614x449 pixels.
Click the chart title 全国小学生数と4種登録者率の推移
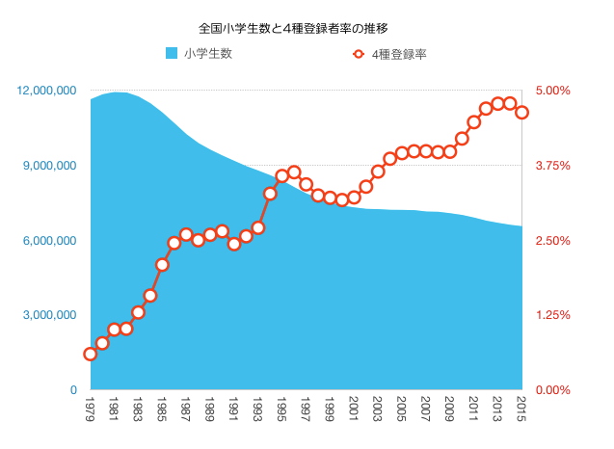[x=307, y=29]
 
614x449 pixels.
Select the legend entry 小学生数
[x=207, y=54]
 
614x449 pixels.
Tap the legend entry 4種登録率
[x=398, y=55]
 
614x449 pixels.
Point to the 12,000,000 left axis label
[x=47, y=91]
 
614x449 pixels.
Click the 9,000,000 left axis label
[x=50, y=166]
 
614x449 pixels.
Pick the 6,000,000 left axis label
[x=50, y=240]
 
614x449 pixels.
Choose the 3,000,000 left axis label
[x=50, y=315]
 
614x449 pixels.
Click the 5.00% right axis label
[x=553, y=91]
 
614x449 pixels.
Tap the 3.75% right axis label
[x=553, y=166]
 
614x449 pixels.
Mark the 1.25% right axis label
[x=553, y=315]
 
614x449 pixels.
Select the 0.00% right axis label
[x=553, y=389]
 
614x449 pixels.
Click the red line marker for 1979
[x=91, y=355]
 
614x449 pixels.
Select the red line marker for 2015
[x=521, y=112]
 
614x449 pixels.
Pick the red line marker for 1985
[x=162, y=264]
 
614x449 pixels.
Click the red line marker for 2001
[x=354, y=198]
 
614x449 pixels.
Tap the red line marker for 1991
[x=234, y=244]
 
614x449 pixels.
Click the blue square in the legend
[x=172, y=54]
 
